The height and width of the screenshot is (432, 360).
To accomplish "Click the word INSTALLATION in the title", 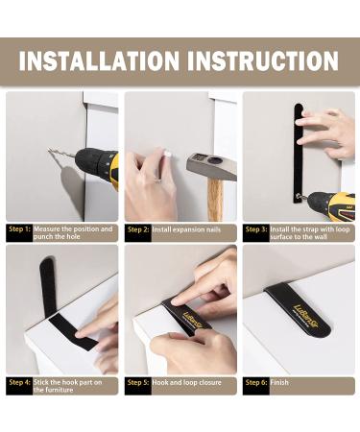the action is pos(99,60).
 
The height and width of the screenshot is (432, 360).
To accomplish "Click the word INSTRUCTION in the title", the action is pos(263,60).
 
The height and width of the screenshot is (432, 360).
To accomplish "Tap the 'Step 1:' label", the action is pos(20,229).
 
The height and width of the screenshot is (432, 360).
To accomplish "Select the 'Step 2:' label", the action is pos(138,229).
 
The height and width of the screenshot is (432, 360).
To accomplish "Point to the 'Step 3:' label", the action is pos(256,229).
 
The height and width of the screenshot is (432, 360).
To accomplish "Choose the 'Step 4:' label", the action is pos(20,382).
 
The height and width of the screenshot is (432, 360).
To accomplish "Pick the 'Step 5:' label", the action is pos(138,382).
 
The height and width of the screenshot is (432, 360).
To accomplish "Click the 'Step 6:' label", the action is pos(256,382).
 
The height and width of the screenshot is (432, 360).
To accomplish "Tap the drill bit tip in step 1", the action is pos(49,149).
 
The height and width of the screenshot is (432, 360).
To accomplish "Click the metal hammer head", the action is pos(211,166).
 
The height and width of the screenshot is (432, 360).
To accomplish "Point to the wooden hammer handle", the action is pos(215,200).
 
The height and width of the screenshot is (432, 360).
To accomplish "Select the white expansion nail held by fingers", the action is pos(168,155).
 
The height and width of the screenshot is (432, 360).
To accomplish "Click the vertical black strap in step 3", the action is pos(299,154).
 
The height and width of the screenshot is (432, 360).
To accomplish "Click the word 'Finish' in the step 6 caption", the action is pos(279,382).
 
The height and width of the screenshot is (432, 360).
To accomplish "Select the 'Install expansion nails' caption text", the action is pos(186,229).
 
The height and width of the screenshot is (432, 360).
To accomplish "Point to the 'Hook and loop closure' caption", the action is pos(186,382).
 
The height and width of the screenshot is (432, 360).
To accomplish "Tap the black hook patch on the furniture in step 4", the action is pos(74,332).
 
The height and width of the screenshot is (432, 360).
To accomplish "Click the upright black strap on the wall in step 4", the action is pos(48,286).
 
